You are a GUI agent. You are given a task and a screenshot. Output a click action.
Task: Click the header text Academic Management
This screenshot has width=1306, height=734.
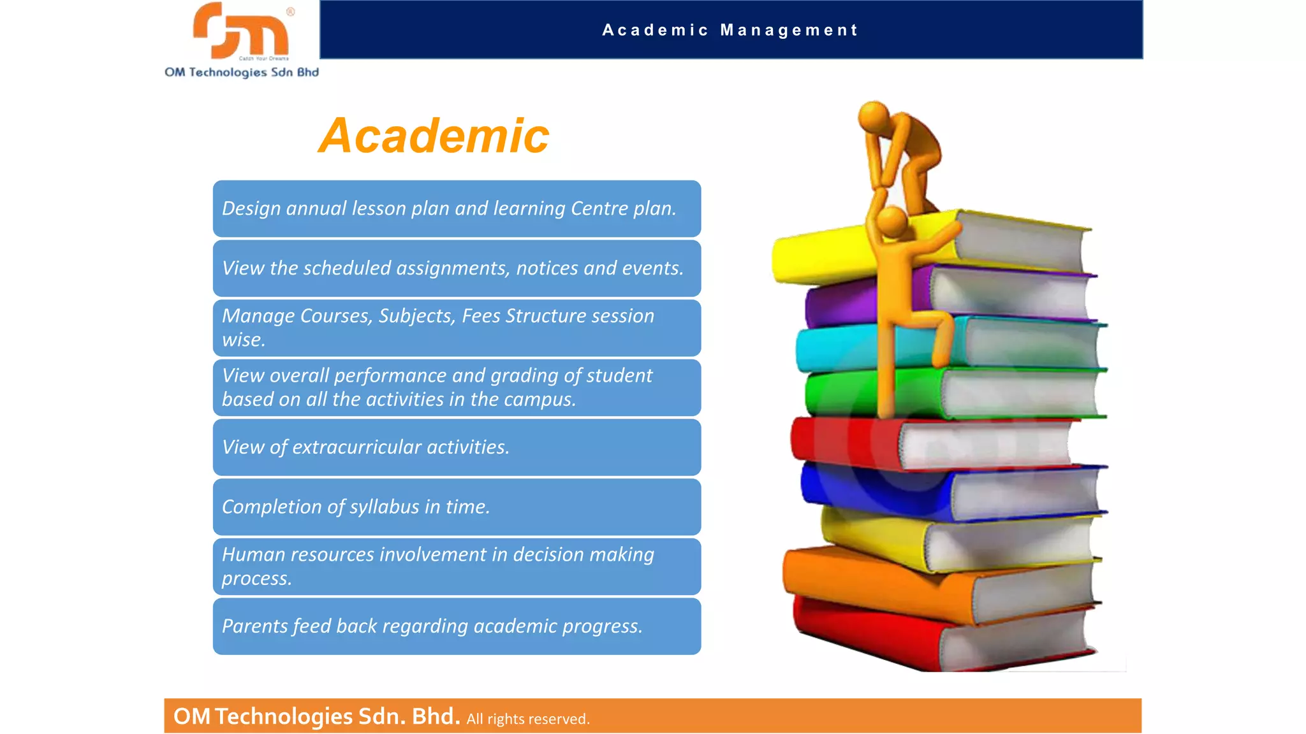(730, 30)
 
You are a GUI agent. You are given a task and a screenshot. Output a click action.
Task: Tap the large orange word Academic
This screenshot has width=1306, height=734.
(434, 136)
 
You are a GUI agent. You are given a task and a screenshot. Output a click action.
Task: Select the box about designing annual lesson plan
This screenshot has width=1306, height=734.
(457, 209)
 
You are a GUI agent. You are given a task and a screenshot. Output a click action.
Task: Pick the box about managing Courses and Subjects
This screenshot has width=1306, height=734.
(457, 327)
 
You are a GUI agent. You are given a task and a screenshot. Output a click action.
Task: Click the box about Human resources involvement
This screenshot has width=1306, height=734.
(457, 566)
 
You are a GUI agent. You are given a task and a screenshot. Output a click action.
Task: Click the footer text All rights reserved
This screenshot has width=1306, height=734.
(528, 719)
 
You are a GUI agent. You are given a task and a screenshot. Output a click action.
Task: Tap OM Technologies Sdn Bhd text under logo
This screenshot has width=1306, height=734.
(242, 72)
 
